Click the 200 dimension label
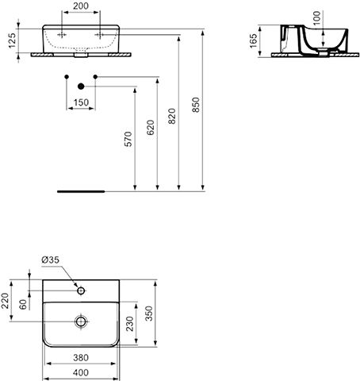pyautogui.click(x=81, y=6)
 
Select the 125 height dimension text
pyautogui.click(x=13, y=40)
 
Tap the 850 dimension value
pyautogui.click(x=196, y=105)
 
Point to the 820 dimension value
pyautogui.click(x=172, y=116)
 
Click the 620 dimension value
pyautogui.click(x=151, y=127)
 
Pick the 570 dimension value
pyautogui.click(x=128, y=139)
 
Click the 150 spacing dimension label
pyautogui.click(x=81, y=102)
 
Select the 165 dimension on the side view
pyautogui.click(x=253, y=40)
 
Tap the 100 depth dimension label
pyautogui.click(x=316, y=17)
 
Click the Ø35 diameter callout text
pyautogui.click(x=51, y=260)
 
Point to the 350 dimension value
pyautogui.click(x=149, y=314)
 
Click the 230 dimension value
pyautogui.click(x=130, y=324)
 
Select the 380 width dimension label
pyautogui.click(x=81, y=358)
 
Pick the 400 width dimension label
pyautogui.click(x=81, y=373)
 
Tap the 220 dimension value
pyautogui.click(x=6, y=301)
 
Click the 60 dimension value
pyautogui.click(x=23, y=304)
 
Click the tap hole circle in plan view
pyautogui.click(x=81, y=291)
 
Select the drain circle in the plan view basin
pyautogui.click(x=81, y=321)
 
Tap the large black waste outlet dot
pyautogui.click(x=81, y=87)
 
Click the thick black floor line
pyautogui.click(x=81, y=191)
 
